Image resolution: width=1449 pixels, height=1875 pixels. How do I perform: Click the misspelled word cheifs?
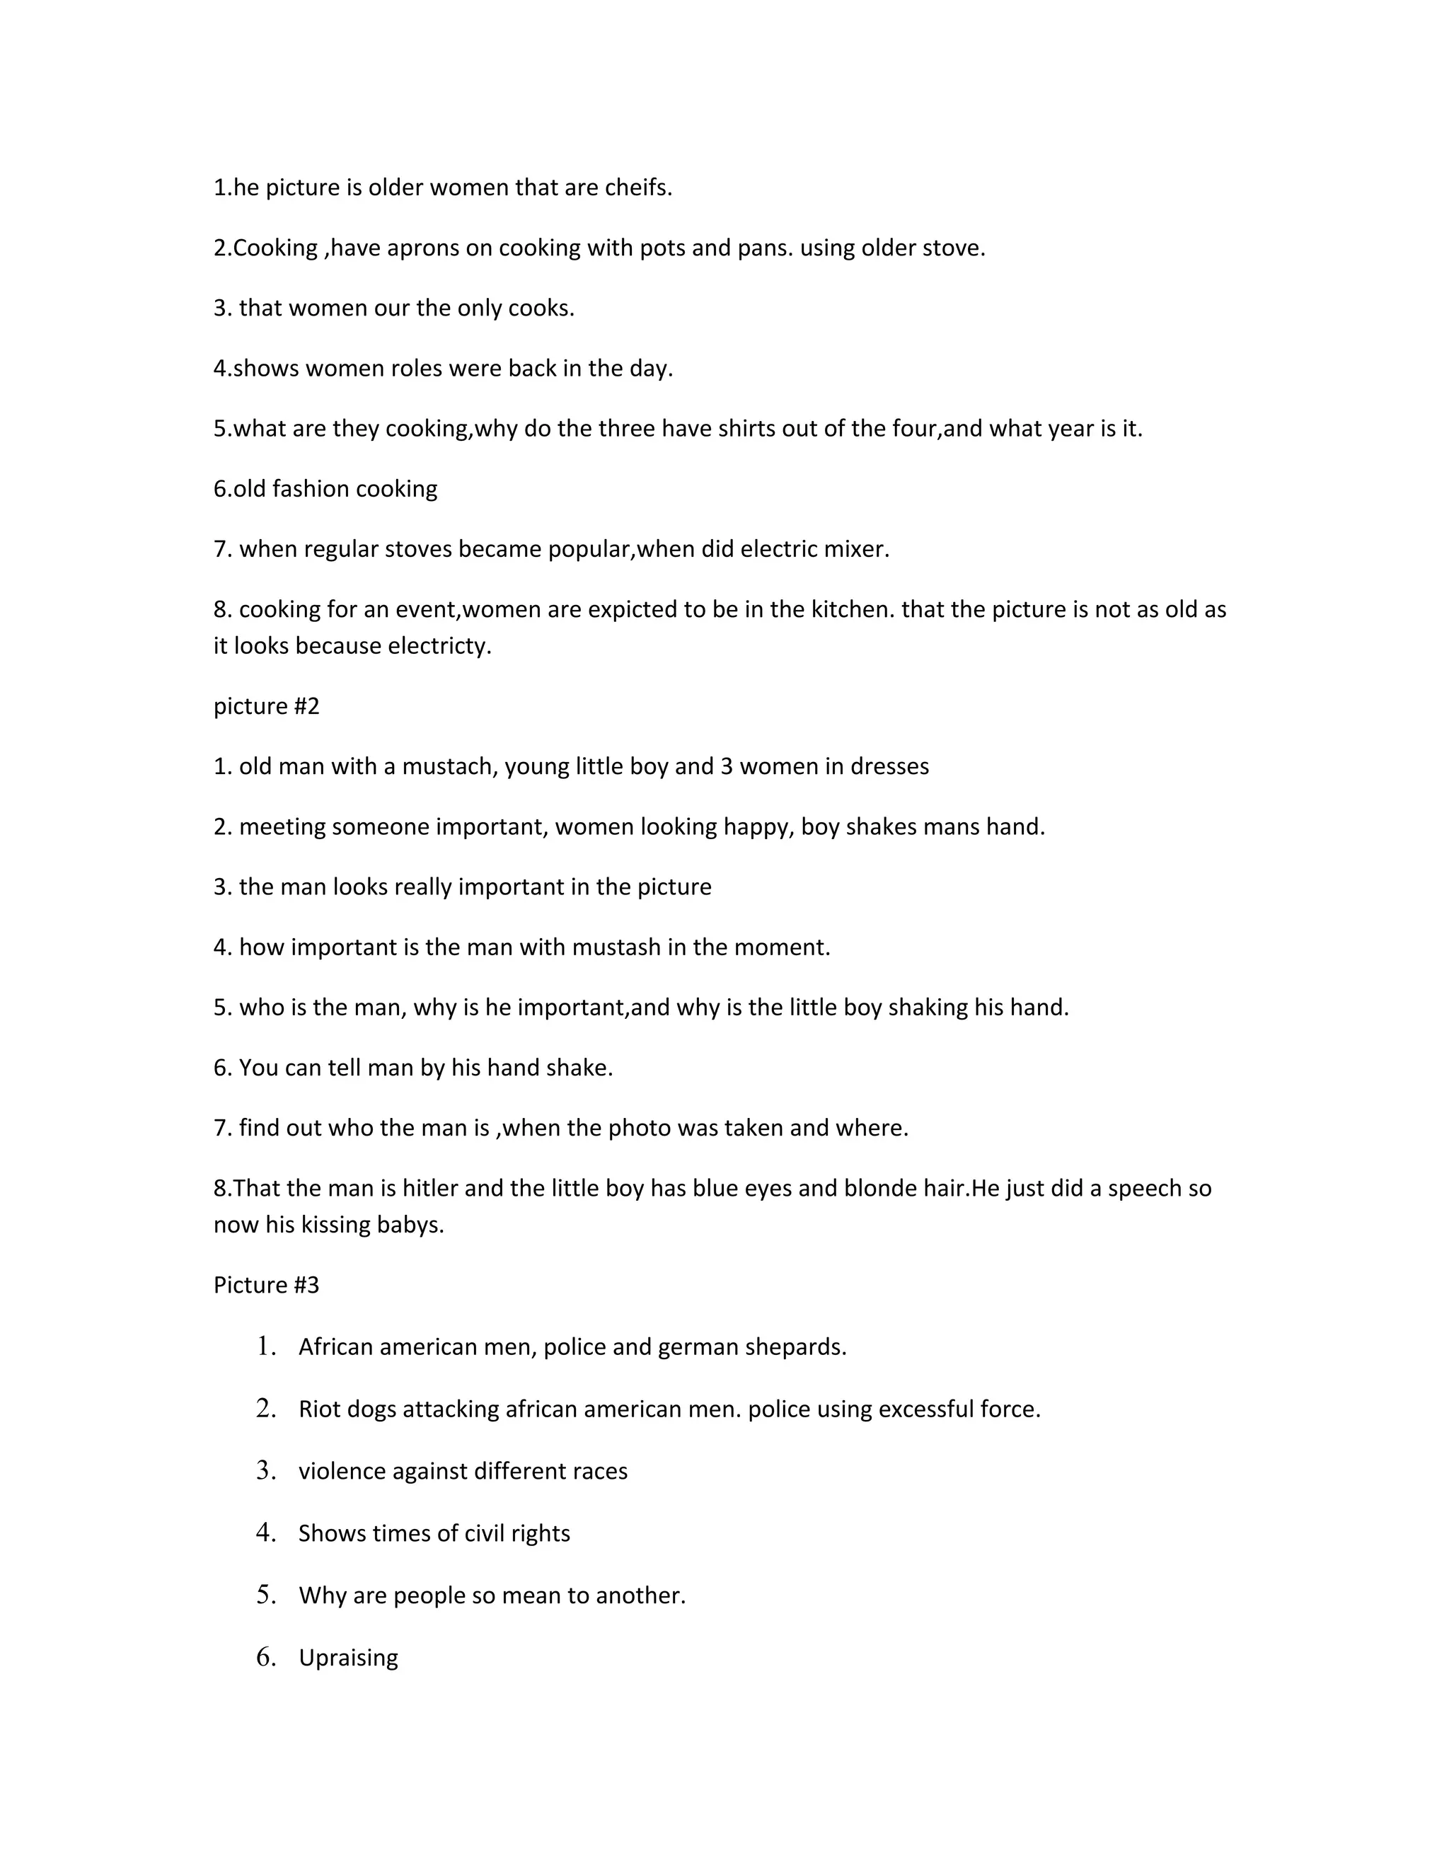click(637, 187)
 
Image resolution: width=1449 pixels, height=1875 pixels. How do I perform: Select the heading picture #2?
click(266, 705)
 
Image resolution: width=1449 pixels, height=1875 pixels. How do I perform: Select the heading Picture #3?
click(266, 1285)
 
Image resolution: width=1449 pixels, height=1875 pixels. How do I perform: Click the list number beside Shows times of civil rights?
click(266, 1533)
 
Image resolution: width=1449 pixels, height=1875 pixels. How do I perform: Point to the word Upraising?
click(347, 1658)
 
